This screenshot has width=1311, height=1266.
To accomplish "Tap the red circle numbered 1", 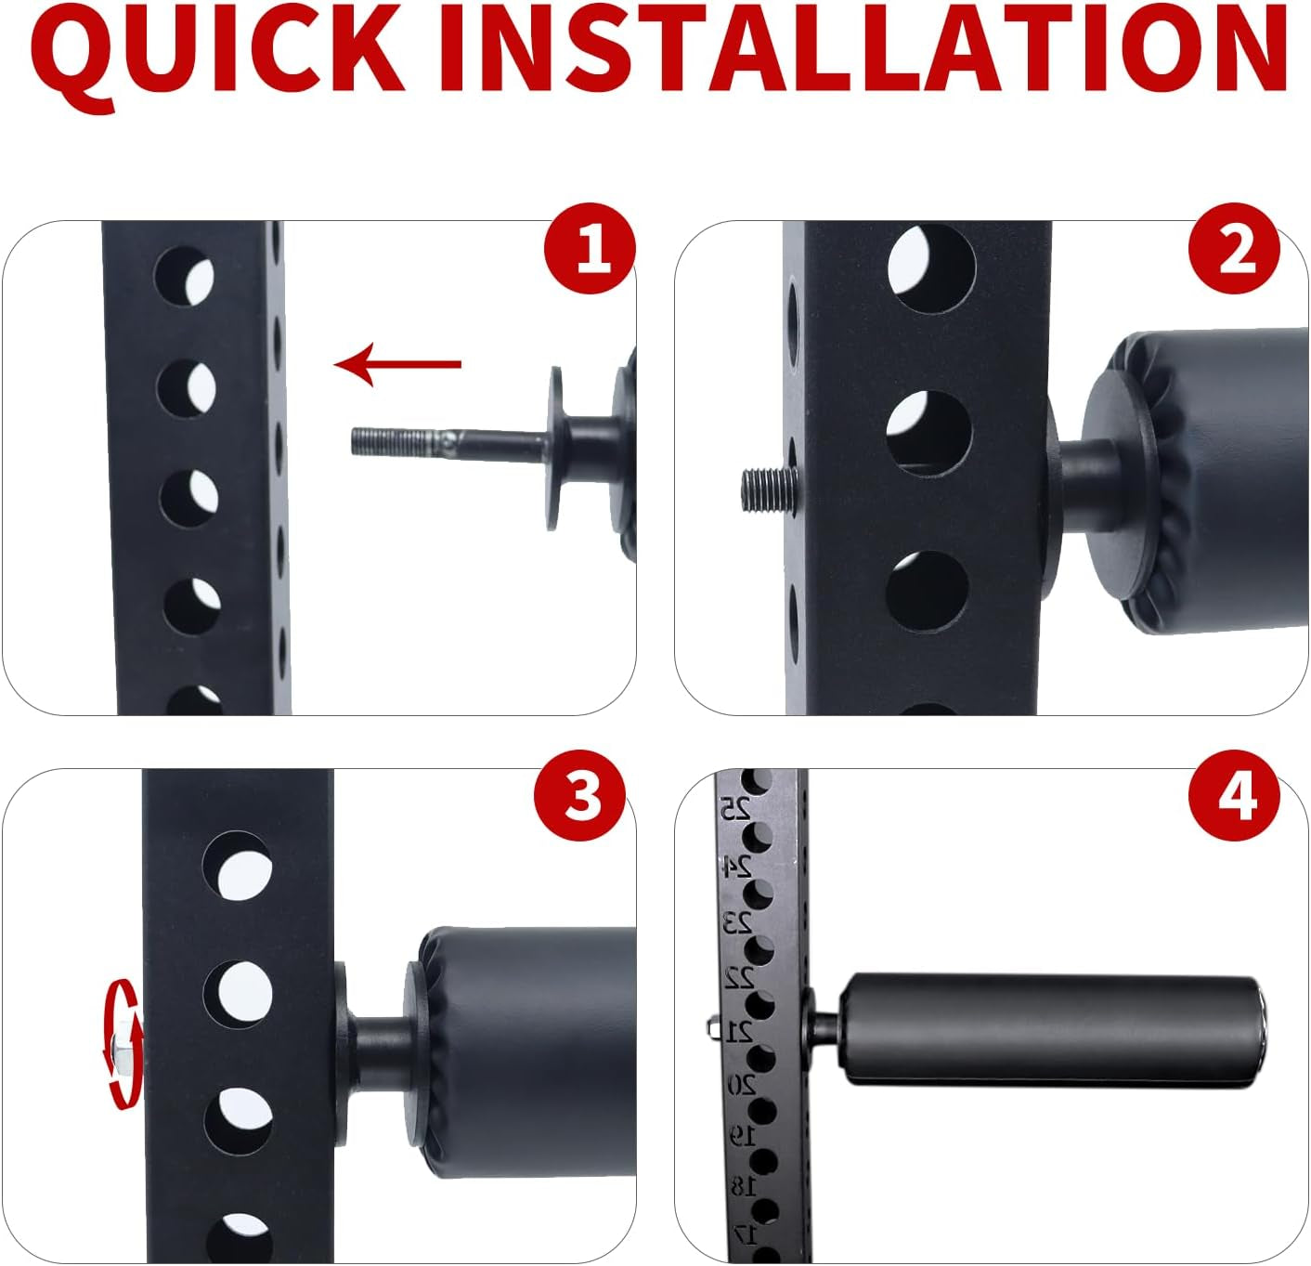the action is point(591,248).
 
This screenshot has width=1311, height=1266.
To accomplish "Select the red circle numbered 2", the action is point(1234,248).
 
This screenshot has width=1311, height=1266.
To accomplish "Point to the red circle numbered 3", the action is point(580,795).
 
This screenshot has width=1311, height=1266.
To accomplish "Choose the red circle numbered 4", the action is point(1234,795).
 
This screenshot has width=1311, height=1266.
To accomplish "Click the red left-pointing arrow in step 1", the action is point(397,365).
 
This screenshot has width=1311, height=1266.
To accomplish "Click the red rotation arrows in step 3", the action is point(124,1045).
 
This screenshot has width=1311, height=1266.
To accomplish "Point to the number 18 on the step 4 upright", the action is point(745,1186).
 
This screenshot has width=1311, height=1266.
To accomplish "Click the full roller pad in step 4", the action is point(1051,1030).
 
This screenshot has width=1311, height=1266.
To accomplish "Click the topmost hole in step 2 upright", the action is point(931,268).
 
